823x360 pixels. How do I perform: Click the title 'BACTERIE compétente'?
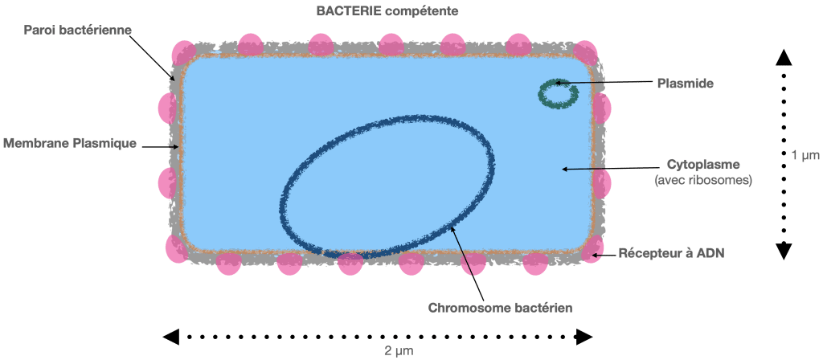[x=387, y=11]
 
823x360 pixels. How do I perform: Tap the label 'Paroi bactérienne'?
[x=77, y=30]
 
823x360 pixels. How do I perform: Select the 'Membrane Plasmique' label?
[x=70, y=143]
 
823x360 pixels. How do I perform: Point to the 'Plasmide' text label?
[x=685, y=83]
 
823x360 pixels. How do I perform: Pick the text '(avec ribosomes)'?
[x=703, y=181]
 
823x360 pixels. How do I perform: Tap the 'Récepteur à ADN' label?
[x=671, y=253]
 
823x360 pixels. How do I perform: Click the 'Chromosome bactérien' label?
[x=500, y=308]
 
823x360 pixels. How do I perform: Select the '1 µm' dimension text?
[x=805, y=155]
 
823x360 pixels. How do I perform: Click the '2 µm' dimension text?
[x=399, y=351]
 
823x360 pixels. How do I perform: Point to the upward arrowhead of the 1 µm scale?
[x=784, y=57]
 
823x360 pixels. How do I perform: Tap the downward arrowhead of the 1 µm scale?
[x=784, y=252]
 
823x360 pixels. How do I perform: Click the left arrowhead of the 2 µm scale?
[x=171, y=337]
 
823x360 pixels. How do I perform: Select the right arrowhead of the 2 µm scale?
[x=585, y=337]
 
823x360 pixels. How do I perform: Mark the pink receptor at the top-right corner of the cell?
[x=585, y=52]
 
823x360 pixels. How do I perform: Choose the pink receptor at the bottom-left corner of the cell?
[x=177, y=248]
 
